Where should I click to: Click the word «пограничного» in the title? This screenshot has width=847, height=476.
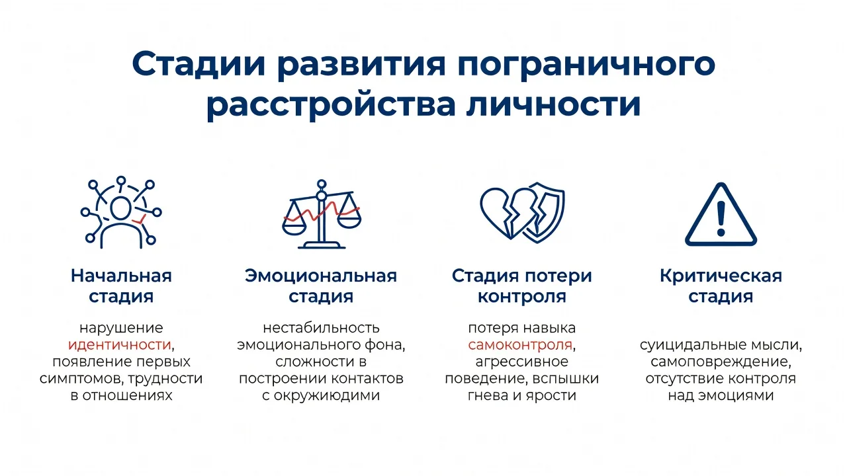(x=586, y=65)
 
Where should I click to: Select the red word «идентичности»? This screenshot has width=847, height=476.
(x=120, y=345)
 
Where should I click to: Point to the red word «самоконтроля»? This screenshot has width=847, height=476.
(x=520, y=345)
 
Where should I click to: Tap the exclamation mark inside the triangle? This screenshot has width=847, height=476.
(x=721, y=219)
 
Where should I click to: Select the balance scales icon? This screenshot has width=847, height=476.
(x=322, y=214)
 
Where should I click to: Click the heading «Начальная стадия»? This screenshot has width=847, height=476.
(x=121, y=286)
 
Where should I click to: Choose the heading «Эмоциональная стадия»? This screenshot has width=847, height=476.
(x=321, y=286)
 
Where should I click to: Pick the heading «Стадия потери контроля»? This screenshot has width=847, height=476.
(x=522, y=286)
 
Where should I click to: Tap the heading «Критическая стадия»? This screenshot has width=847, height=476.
(x=721, y=286)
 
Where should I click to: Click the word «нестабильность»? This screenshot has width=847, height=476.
(x=321, y=328)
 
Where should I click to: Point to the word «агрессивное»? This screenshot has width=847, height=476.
(x=522, y=362)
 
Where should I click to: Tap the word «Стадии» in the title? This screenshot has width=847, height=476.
(x=199, y=64)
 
